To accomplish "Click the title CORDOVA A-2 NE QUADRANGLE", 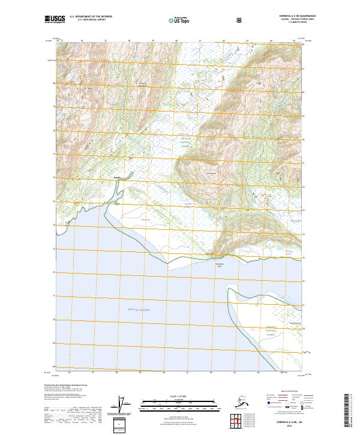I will (x=298, y=16).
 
